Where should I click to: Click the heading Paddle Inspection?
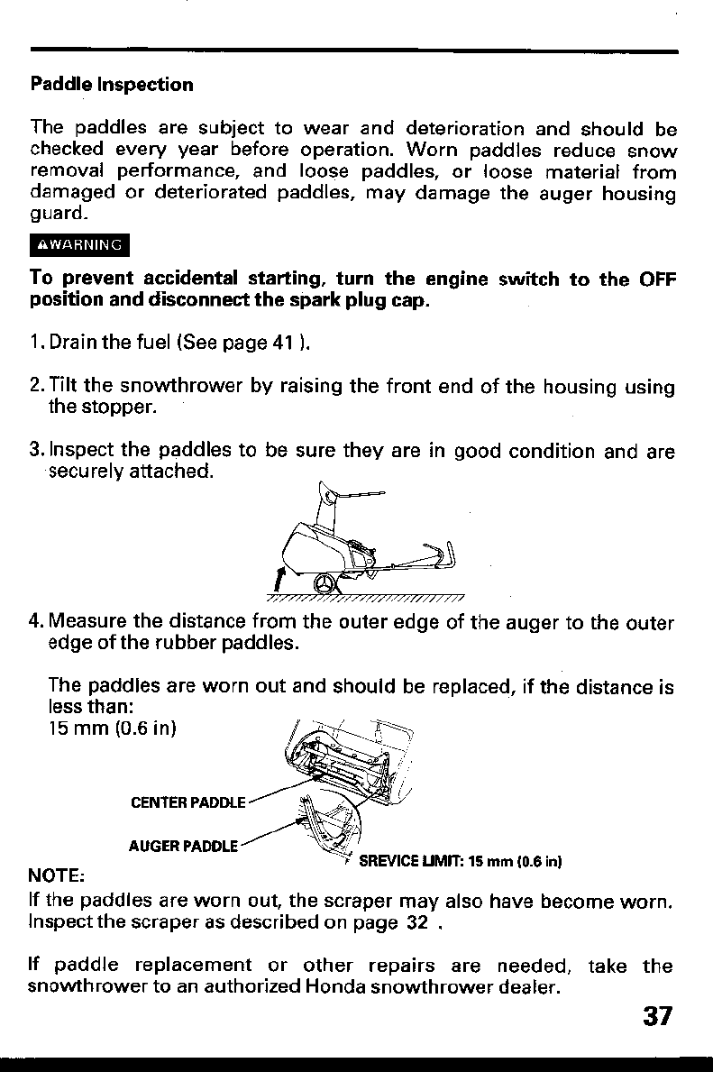click(112, 85)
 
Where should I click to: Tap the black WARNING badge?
click(80, 244)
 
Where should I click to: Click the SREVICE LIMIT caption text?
click(460, 861)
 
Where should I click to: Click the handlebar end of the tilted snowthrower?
click(447, 553)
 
